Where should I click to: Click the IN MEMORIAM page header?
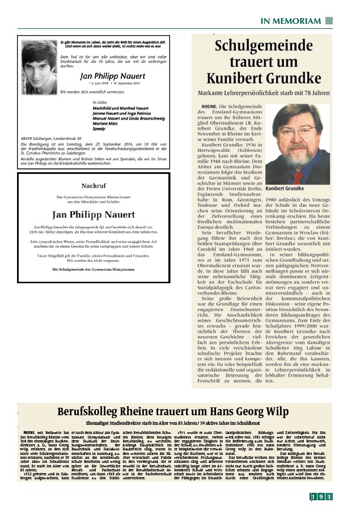(x=291, y=21)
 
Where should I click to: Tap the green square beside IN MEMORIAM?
(x=329, y=21)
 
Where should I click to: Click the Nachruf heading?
(x=94, y=185)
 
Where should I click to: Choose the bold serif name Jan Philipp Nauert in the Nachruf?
(x=94, y=215)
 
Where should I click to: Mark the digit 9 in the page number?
(x=320, y=497)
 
